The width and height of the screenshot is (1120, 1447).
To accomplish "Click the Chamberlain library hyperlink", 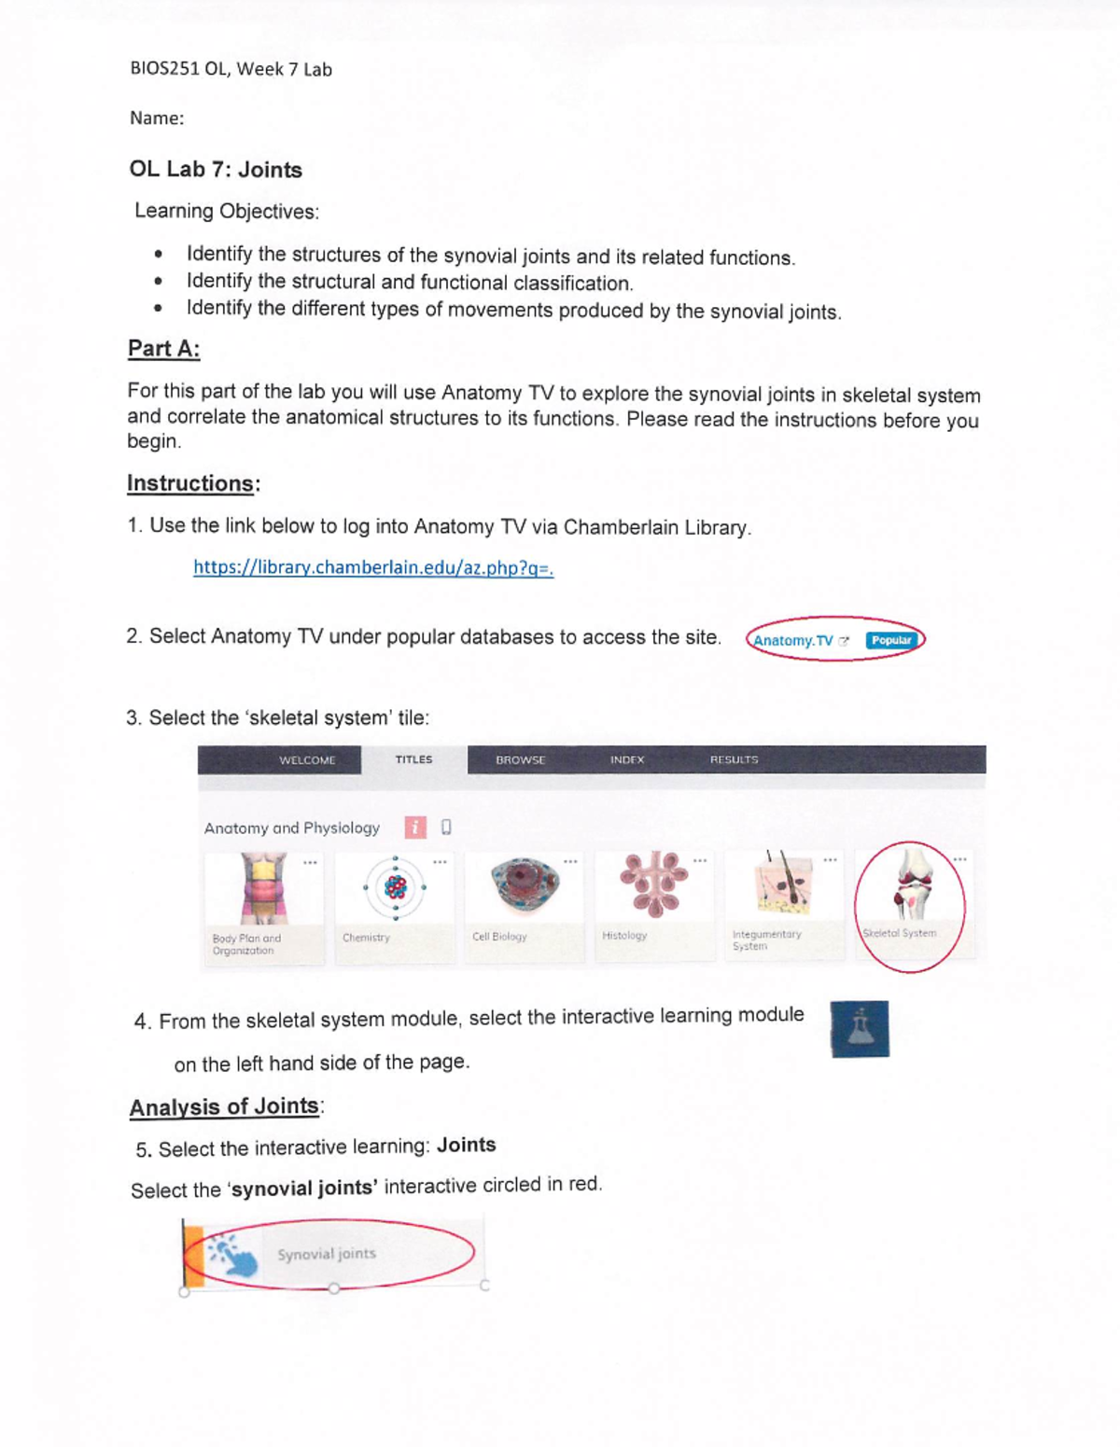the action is tap(373, 567).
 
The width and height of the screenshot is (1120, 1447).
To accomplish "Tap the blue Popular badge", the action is tap(891, 640).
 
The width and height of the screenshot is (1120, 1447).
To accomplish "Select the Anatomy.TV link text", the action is tap(792, 641).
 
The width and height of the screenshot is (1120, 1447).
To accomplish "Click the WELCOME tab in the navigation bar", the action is tap(307, 759).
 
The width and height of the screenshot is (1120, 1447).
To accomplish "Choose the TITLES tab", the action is tap(413, 759).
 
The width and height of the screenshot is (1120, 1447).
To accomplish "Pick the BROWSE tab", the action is tap(520, 759).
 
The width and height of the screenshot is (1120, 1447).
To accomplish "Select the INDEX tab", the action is tap(627, 759).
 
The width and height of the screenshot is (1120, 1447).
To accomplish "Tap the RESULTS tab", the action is tap(734, 759).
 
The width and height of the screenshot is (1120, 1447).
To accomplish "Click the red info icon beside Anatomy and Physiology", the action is tap(415, 827).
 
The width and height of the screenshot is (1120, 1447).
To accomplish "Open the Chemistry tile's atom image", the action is tap(396, 887).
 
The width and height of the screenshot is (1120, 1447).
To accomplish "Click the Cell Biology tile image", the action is tap(525, 883).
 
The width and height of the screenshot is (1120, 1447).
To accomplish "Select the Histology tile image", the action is tap(654, 884).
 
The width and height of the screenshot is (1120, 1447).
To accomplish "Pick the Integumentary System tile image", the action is tap(784, 883).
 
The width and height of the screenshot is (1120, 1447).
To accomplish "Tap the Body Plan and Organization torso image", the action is tap(264, 888).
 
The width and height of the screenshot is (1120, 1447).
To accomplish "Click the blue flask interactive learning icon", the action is tap(860, 1029).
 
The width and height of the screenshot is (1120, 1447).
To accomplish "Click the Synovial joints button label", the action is tap(327, 1254).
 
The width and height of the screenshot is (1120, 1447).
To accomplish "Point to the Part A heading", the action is tap(164, 348).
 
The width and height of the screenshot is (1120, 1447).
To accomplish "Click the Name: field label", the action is tap(157, 118).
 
